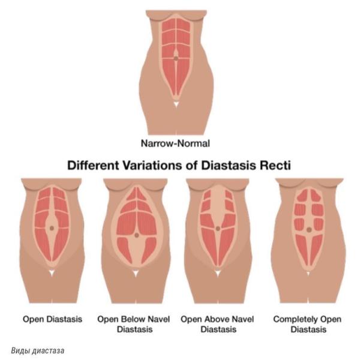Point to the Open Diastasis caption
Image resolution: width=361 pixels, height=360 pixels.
pyautogui.click(x=52, y=319)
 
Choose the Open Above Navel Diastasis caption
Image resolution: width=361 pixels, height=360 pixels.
pyautogui.click(x=218, y=324)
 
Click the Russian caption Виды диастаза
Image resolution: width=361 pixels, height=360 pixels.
pyautogui.click(x=37, y=349)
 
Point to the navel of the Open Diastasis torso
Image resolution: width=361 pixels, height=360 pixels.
pyautogui.click(x=52, y=228)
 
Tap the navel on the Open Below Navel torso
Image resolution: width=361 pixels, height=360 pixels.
pyautogui.click(x=136, y=235)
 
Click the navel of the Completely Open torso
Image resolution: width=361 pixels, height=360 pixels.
pyautogui.click(x=308, y=229)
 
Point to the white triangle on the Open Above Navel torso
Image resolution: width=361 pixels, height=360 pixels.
pyautogui.click(x=219, y=273)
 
